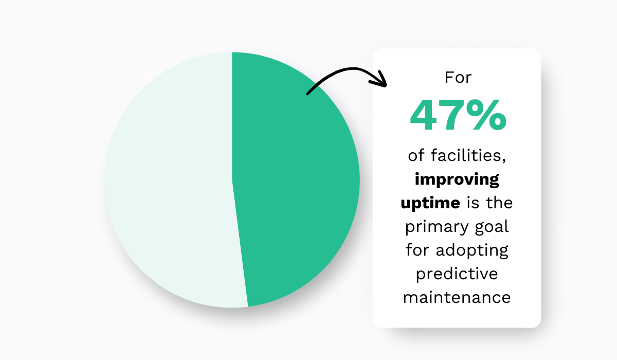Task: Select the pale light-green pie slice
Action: (170, 180)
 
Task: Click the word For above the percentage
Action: (457, 78)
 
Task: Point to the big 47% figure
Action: (457, 116)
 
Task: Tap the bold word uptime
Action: (430, 203)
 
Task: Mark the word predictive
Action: (457, 274)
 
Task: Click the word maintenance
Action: (457, 298)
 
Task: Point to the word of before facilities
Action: (416, 155)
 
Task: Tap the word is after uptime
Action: (472, 203)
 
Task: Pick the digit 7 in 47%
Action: (452, 116)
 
